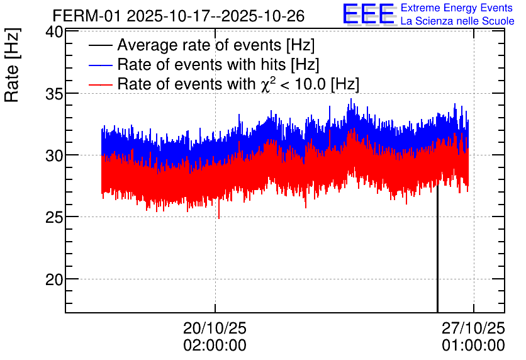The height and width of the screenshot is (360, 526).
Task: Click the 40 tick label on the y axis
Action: tap(54, 32)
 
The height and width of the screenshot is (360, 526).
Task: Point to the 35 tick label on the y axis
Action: tap(54, 94)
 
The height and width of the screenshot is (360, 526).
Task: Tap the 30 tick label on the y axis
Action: tap(54, 156)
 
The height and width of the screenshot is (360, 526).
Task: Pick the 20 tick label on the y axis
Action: tap(54, 280)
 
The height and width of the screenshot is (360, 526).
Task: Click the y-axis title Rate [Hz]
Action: tap(12, 65)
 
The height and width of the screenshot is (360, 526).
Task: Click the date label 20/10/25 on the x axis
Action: tap(215, 328)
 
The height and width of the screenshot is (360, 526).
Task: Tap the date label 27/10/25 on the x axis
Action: tap(473, 328)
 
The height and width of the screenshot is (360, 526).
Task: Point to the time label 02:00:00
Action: tap(215, 346)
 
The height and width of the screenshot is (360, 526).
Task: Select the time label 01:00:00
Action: tap(473, 346)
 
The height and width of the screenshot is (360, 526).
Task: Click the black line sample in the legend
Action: tap(100, 45)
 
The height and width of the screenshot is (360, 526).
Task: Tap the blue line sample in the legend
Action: tap(100, 65)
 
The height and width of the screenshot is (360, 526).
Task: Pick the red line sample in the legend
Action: tap(100, 84)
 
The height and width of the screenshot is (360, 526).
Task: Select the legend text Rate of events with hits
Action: tap(201, 64)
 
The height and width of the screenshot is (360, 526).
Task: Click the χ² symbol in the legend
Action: tap(266, 84)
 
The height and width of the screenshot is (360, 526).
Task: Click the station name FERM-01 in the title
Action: tap(87, 16)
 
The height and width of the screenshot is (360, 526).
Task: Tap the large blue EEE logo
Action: tap(369, 14)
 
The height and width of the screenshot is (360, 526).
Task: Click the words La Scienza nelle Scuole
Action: tap(457, 21)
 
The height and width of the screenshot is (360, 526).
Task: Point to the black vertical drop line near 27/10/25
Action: tap(437, 248)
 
